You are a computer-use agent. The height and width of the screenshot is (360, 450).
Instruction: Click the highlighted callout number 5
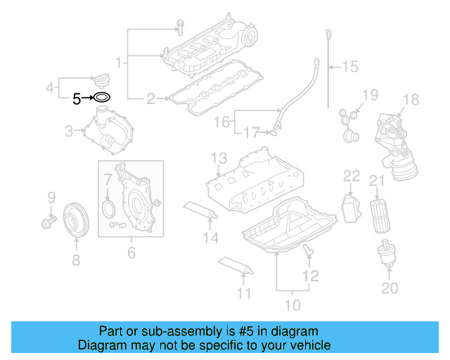(77, 99)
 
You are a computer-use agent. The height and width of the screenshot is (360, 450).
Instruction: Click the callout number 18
(411, 100)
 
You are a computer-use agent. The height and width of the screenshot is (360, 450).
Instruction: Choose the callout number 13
(219, 157)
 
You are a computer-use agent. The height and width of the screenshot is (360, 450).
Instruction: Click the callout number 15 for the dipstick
(349, 67)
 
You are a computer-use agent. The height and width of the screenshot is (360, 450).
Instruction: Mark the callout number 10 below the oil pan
(292, 305)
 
